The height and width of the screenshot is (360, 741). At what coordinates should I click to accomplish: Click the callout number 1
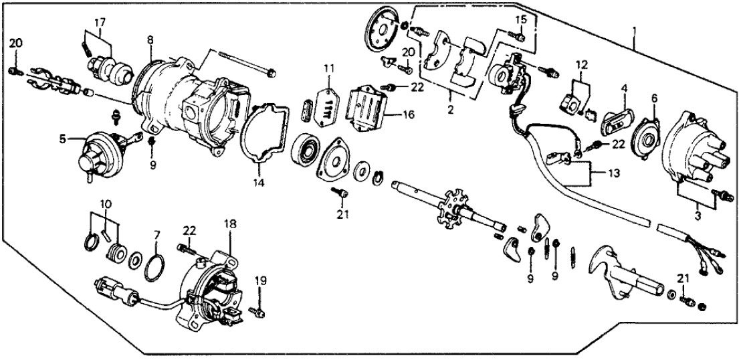point(633,31)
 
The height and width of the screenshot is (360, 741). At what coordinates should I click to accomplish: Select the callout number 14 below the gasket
point(260,181)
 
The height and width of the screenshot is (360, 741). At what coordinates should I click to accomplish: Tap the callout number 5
point(62,140)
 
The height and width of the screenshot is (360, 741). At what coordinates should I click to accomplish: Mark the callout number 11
point(329,69)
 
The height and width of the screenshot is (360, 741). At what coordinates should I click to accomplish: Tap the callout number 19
point(260,282)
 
